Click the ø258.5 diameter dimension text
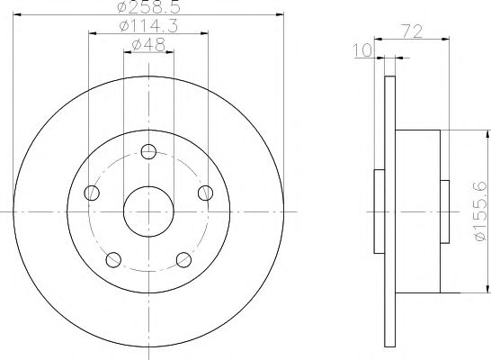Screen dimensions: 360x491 (x=148, y=8)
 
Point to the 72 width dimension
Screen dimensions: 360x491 (x=413, y=30)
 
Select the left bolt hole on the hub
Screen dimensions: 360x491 (x=91, y=192)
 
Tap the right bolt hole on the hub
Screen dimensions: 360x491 (x=206, y=192)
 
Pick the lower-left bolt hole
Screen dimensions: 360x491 (x=113, y=259)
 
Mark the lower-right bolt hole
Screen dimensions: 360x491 (x=184, y=259)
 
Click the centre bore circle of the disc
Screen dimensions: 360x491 (x=148, y=211)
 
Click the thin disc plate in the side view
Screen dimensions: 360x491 (x=389, y=211)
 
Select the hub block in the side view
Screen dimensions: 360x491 (x=417, y=211)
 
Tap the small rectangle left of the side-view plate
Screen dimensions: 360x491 (x=379, y=211)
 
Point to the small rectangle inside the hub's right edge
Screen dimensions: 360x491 (x=444, y=211)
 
